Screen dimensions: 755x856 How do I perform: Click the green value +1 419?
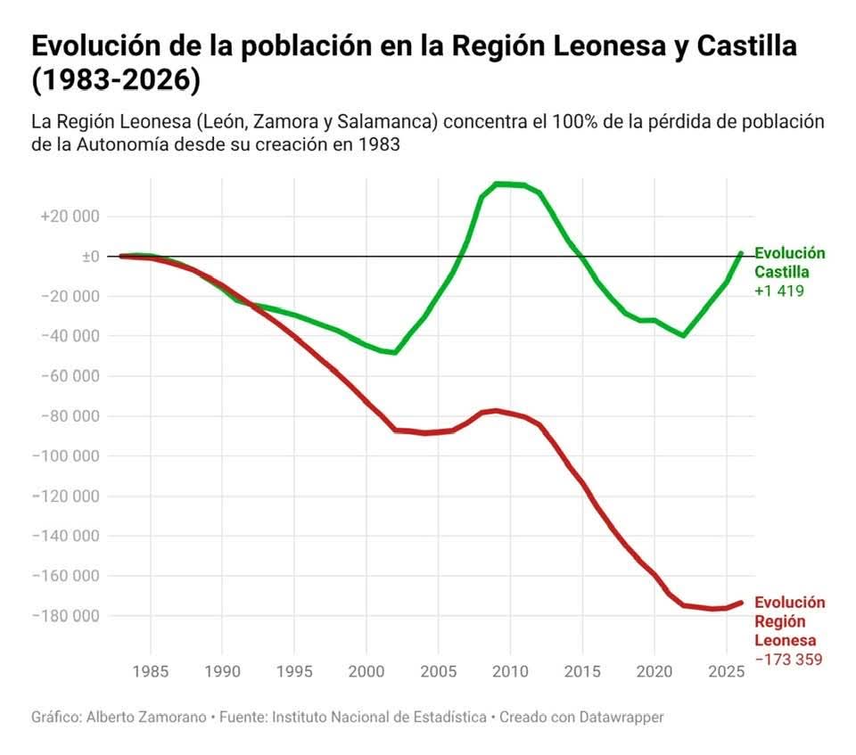click(780, 291)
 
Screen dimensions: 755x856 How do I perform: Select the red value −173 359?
click(789, 660)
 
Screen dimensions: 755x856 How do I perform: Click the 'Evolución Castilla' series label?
click(789, 263)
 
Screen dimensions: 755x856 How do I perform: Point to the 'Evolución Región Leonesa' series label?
click(789, 621)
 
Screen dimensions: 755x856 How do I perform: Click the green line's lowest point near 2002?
click(394, 352)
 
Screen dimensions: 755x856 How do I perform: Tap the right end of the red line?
click(741, 603)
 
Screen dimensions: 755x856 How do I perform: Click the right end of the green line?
click(741, 253)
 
